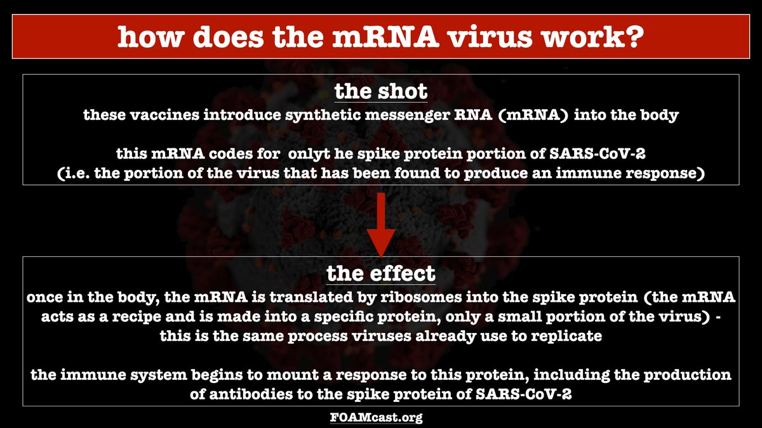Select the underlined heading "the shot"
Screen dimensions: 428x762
click(380, 91)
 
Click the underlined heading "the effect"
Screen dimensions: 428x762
click(380, 273)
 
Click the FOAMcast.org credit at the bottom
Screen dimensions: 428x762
click(380, 417)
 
